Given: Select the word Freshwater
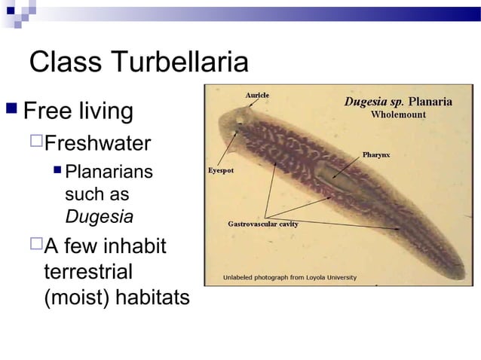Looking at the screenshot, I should (x=98, y=143).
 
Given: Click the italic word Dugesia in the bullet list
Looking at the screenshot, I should (x=100, y=217).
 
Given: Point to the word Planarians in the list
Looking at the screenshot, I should (x=109, y=172).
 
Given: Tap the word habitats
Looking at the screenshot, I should (x=152, y=297).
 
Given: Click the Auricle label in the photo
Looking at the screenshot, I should (x=257, y=95).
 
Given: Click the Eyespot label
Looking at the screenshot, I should (x=221, y=170).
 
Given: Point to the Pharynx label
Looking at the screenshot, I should (x=375, y=154).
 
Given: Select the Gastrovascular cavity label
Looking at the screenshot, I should (x=262, y=224).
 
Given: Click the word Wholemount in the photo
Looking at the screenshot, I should (x=398, y=115).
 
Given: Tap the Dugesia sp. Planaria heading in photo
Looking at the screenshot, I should (x=398, y=102).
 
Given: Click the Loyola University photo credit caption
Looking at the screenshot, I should (x=290, y=278).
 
